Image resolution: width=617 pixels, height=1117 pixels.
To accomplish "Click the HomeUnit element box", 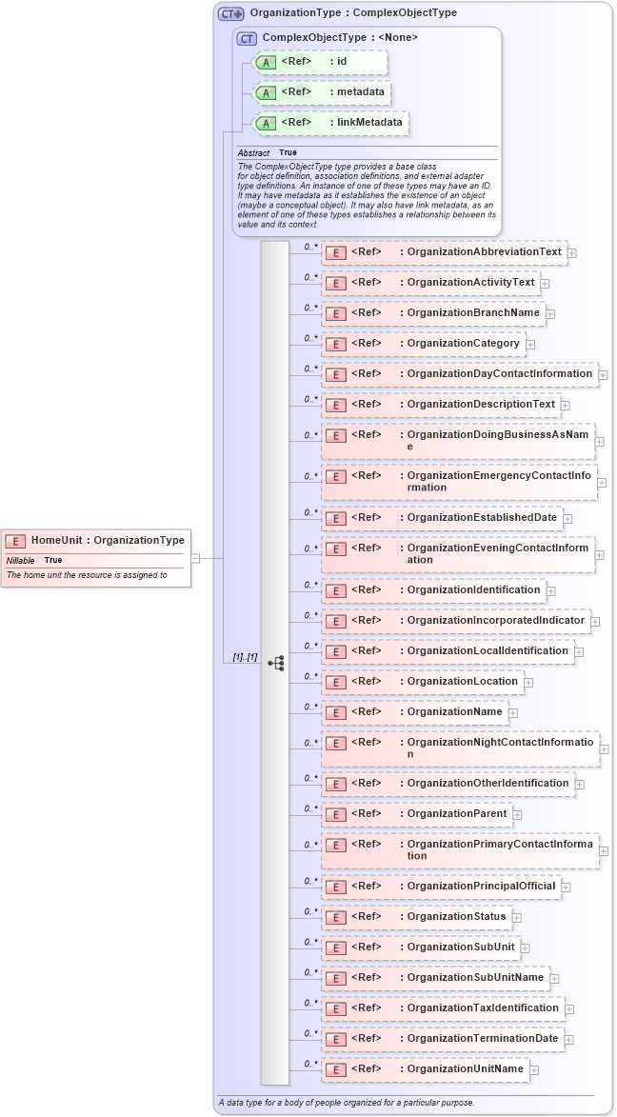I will pyautogui.click(x=95, y=540).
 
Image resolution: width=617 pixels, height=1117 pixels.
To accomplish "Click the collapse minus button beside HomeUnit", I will pyautogui.click(x=195, y=558).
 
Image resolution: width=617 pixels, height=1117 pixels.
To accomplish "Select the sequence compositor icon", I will pyautogui.click(x=275, y=662).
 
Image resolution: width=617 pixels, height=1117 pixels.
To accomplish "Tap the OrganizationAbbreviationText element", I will pyautogui.click(x=444, y=252).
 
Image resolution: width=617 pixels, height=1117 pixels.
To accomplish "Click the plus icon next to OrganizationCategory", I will pyautogui.click(x=530, y=344).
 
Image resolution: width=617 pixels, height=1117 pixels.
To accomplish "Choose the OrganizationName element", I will pyautogui.click(x=413, y=711).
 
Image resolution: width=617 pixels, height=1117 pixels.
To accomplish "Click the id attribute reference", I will pyautogui.click(x=320, y=62).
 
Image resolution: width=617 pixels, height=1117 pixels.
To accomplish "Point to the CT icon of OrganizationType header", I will pyautogui.click(x=230, y=13).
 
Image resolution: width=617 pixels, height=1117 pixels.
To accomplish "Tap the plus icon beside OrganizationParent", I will pyautogui.click(x=517, y=814).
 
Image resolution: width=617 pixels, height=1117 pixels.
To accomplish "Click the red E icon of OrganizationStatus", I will pyautogui.click(x=334, y=917).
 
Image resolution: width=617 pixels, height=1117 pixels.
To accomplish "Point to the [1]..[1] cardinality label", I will pyautogui.click(x=245, y=657).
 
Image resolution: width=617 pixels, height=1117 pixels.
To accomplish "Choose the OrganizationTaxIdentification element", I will pyautogui.click(x=442, y=1008).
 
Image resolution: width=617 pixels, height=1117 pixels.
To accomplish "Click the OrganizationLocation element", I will pyautogui.click(x=421, y=681).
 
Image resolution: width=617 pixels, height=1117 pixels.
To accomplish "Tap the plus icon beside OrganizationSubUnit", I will pyautogui.click(x=525, y=947).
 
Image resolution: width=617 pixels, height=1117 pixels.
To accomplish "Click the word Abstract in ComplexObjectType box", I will pyautogui.click(x=253, y=152).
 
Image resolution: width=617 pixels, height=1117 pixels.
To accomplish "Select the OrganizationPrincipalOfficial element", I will pyautogui.click(x=440, y=887).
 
